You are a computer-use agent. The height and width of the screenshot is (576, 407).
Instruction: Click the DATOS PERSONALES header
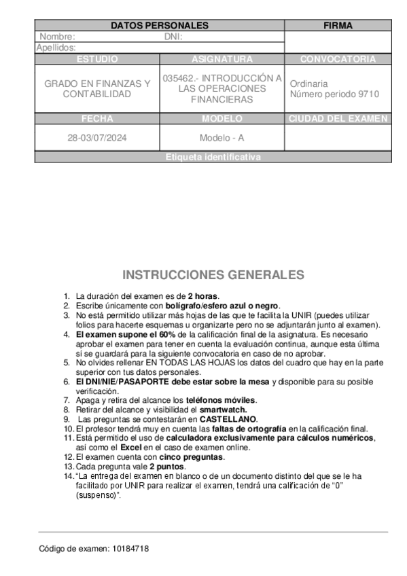pyautogui.click(x=159, y=25)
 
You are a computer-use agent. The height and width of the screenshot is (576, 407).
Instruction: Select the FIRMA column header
pyautogui.click(x=338, y=25)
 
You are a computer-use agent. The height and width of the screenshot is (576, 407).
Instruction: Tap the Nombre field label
pyautogui.click(x=57, y=37)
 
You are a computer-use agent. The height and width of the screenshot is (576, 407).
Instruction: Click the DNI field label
pyautogui.click(x=173, y=37)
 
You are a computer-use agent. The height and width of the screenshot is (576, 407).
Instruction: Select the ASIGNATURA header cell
pyautogui.click(x=222, y=59)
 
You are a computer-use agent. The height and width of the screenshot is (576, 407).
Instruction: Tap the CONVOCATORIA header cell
pyautogui.click(x=338, y=59)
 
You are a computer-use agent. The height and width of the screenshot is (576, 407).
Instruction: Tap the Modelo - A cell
pyautogui.click(x=222, y=137)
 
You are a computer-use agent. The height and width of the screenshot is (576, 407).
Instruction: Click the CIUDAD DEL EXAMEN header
pyautogui.click(x=338, y=118)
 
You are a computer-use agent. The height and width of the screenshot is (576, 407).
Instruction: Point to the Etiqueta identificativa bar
pyautogui.click(x=213, y=157)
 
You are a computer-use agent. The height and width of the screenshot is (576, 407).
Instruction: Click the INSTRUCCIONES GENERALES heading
pyautogui.click(x=213, y=275)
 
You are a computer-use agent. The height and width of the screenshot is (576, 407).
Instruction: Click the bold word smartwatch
pyautogui.click(x=222, y=410)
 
